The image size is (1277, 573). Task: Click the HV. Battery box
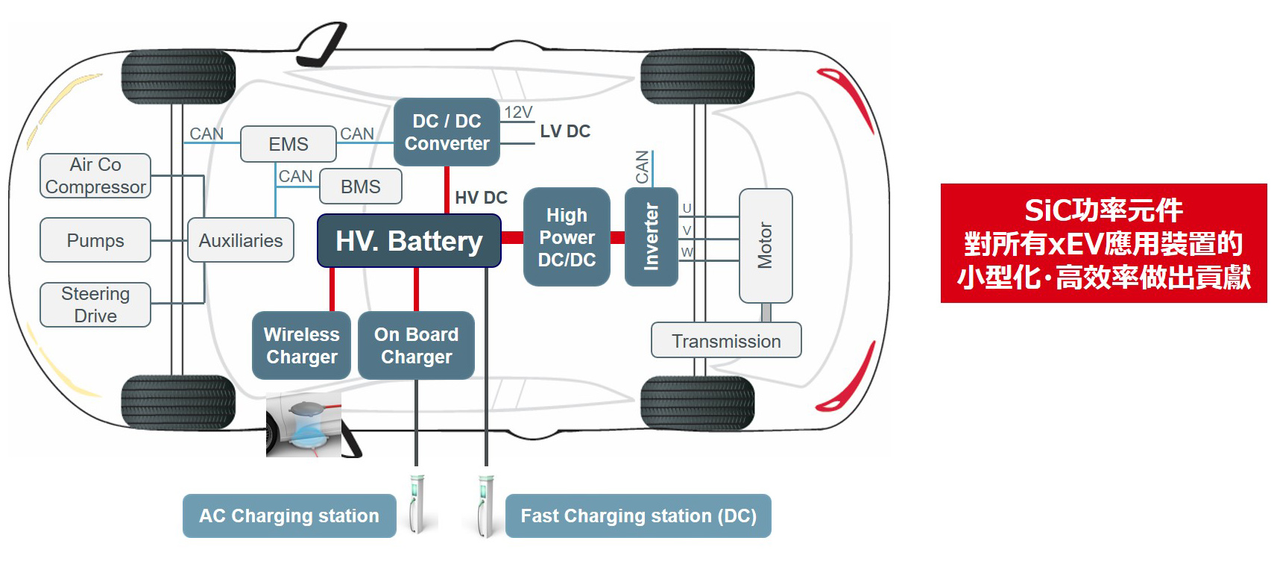click(409, 241)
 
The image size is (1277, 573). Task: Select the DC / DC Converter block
click(447, 132)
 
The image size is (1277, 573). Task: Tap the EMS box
click(288, 144)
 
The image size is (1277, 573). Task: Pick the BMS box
click(360, 187)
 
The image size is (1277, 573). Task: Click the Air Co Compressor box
click(95, 176)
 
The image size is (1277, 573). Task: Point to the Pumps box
click(95, 240)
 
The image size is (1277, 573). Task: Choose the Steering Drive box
click(95, 304)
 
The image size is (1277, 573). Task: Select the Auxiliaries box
click(241, 240)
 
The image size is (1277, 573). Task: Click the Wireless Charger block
click(301, 345)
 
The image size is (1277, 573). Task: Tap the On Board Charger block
click(416, 345)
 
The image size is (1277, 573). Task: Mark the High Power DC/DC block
click(567, 237)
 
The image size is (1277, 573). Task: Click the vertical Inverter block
click(651, 237)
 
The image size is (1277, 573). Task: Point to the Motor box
click(765, 245)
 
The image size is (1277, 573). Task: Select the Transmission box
click(726, 341)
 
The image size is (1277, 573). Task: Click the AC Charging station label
click(289, 516)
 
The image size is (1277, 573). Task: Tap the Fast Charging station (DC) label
click(638, 516)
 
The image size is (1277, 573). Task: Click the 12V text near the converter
click(518, 112)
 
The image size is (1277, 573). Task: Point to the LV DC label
click(565, 131)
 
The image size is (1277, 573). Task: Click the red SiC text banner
click(1103, 243)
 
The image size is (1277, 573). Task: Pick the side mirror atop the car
click(322, 43)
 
